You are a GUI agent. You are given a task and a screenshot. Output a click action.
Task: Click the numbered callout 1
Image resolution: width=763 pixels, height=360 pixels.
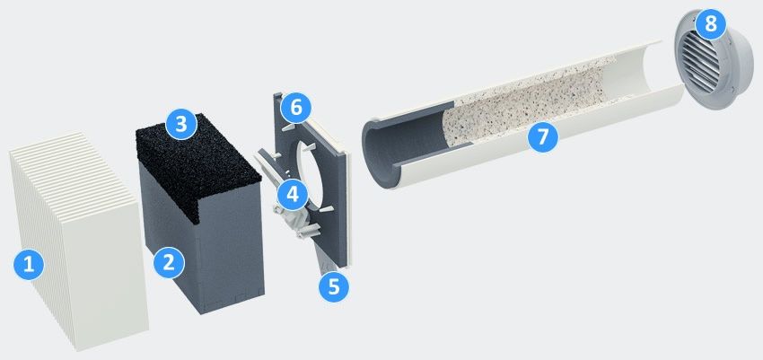[x=29, y=265]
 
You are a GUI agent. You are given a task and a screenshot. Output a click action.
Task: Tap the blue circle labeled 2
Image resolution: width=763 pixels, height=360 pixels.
[x=169, y=263]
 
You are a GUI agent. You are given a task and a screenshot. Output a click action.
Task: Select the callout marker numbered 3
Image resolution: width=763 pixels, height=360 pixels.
[x=181, y=124]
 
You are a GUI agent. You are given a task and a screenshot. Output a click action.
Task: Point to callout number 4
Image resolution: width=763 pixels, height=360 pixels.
[x=293, y=194]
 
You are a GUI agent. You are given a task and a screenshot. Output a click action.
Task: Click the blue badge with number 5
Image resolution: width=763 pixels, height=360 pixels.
[x=334, y=286]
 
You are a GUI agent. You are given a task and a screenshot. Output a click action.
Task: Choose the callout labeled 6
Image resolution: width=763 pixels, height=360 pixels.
[x=296, y=108]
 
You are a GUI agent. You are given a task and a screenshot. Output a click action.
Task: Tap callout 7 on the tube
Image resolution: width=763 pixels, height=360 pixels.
[x=542, y=136]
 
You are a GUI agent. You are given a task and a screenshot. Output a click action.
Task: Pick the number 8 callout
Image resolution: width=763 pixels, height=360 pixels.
[x=710, y=23]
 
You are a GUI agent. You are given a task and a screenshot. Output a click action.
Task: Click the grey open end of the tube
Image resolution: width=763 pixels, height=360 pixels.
[x=384, y=146]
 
